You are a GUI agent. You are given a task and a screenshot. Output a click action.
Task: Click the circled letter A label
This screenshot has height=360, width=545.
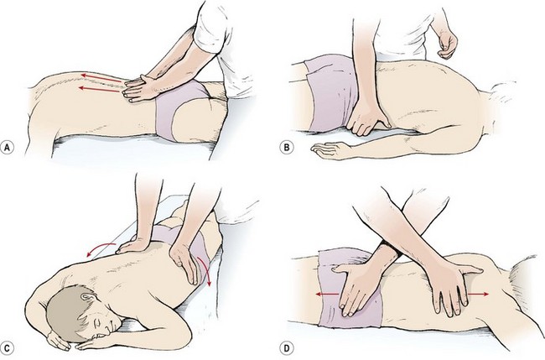(8, 148)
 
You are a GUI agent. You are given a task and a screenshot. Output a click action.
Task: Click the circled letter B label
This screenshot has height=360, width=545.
(287, 148)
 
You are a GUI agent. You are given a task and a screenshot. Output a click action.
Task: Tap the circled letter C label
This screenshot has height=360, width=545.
(8, 348)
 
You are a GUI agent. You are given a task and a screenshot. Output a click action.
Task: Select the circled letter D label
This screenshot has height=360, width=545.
(287, 348)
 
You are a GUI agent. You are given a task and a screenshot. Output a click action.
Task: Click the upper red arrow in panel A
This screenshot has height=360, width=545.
(101, 77)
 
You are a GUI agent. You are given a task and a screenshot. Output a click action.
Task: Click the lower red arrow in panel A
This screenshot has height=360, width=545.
(100, 90)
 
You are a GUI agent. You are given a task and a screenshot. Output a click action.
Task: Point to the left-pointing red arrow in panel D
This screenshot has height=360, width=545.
(327, 295)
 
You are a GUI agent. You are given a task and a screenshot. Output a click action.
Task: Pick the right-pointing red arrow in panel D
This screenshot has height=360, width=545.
(478, 295)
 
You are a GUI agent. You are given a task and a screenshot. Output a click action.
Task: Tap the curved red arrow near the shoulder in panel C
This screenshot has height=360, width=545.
(100, 248)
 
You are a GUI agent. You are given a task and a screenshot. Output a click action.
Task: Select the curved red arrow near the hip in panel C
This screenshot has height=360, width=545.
(205, 270)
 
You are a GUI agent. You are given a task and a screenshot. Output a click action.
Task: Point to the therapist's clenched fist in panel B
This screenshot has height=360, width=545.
(447, 44)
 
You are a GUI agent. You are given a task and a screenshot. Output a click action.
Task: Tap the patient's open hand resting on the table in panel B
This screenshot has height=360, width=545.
(329, 151)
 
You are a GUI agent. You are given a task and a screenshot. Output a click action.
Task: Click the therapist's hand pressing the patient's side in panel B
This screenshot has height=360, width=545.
(366, 118)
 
